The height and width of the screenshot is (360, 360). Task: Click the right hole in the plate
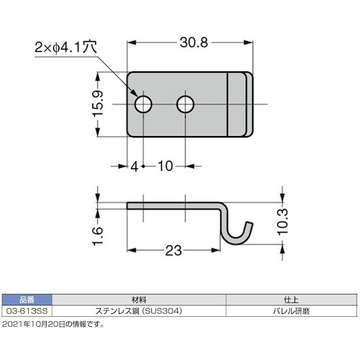187,105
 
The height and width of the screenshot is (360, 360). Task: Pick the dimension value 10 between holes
164,166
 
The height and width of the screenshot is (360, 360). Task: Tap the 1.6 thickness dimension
101,233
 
